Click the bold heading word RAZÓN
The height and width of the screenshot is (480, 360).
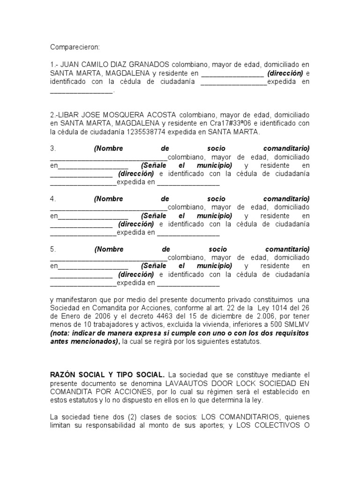coord(64,375)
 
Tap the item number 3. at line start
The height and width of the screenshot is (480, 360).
coord(53,148)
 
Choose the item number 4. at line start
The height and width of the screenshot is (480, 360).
coord(53,199)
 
